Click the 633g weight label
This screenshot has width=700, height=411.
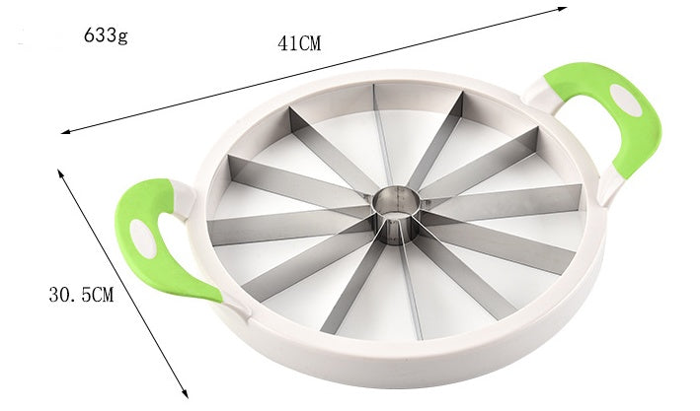pos(107,38)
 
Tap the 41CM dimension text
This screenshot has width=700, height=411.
pos(300,44)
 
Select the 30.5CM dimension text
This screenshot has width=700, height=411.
pos(81,294)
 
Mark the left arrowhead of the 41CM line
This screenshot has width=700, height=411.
pos(65,131)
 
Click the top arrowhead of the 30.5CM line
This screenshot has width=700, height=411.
pos(60,170)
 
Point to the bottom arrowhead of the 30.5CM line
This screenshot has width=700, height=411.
pos(186,393)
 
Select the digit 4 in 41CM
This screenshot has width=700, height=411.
pos(282,44)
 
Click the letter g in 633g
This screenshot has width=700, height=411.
pos(123,39)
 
